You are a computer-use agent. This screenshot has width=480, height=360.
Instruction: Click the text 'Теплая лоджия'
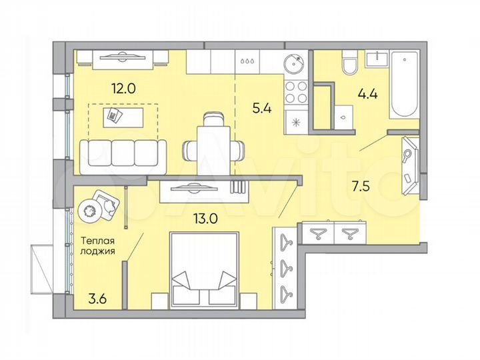(x=97, y=246)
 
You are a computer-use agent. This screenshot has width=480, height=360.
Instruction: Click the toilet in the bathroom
(x=348, y=66)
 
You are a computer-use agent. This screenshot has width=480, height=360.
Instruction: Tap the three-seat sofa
(x=123, y=152)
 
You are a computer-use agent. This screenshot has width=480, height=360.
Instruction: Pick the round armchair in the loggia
(x=96, y=205)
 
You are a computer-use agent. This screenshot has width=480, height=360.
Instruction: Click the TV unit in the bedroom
(x=201, y=190)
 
